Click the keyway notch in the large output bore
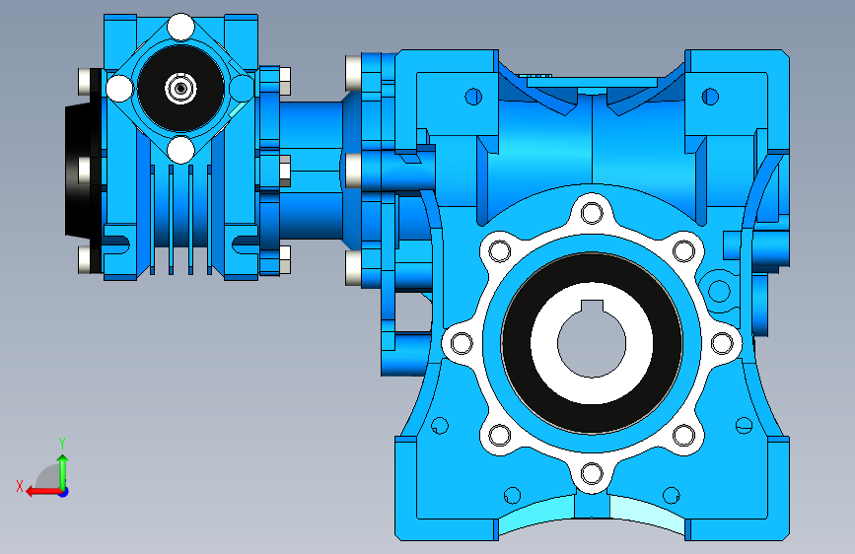tap(592, 307)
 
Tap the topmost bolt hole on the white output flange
tap(592, 213)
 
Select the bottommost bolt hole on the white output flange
tap(592, 474)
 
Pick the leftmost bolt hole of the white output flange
tap(462, 343)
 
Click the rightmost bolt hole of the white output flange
tap(722, 343)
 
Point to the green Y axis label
tap(62, 443)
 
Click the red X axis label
tap(20, 486)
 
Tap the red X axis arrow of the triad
tap(43, 492)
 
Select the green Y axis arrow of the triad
tap(63, 473)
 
